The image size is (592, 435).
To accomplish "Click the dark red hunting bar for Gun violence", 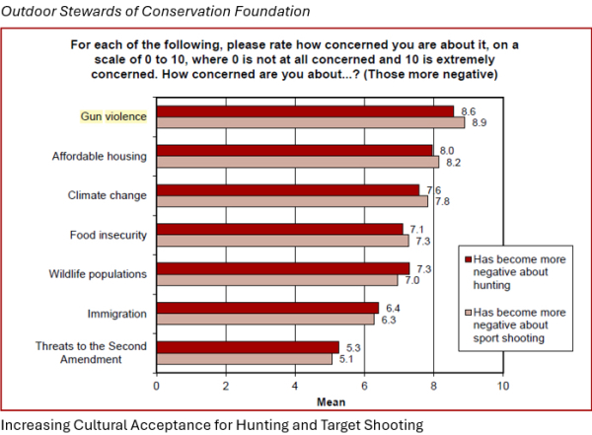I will [305, 110].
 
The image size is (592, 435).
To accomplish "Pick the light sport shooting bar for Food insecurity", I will [282, 240].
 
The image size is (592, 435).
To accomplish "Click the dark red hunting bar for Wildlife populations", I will [283, 268].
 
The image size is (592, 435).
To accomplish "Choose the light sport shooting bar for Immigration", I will [265, 319].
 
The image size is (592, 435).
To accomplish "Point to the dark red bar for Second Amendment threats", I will [248, 346].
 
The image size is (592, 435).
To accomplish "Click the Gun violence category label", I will [113, 116].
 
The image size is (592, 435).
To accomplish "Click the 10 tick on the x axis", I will [502, 386].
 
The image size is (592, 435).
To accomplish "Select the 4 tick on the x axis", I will [295, 386].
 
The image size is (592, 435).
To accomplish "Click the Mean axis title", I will [329, 401].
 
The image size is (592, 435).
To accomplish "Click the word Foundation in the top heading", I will [264, 11].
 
